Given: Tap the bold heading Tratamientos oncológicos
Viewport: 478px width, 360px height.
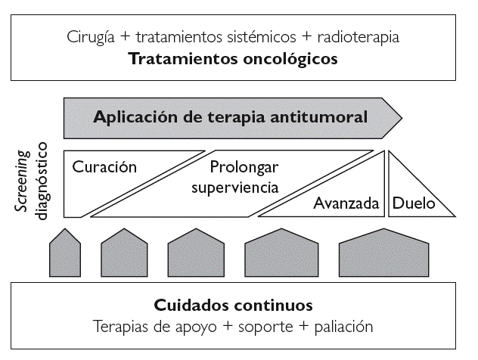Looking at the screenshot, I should pos(233,58).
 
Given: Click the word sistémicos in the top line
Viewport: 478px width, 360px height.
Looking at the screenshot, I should pos(261,36).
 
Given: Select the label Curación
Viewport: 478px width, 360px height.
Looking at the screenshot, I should pos(104,167).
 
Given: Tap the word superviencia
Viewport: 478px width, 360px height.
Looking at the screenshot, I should pos(234,186).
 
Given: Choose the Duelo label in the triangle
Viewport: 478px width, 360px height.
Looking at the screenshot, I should pos(409,203).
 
